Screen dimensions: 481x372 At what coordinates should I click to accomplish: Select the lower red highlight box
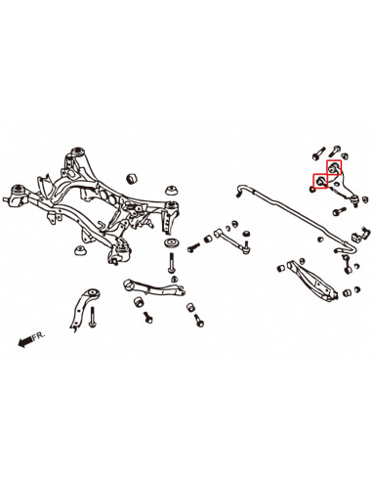(x=318, y=182)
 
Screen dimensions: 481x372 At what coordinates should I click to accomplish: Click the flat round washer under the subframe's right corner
(x=173, y=240)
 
